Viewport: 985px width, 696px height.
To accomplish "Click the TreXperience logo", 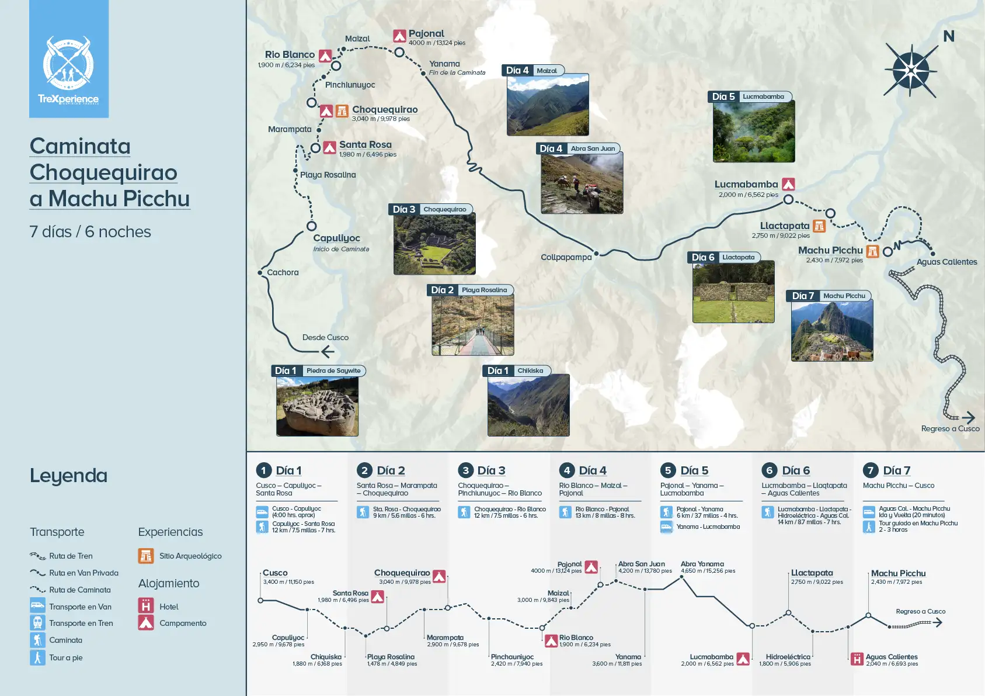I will tap(68, 67).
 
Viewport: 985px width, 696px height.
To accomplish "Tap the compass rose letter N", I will tap(949, 36).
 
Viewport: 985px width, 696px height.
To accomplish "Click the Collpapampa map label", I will tap(566, 257).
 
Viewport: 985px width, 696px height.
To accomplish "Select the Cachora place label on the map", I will tap(283, 272).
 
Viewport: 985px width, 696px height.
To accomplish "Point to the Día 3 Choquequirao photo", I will tap(434, 243).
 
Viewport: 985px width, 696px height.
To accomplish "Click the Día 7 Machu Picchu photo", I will tap(832, 330).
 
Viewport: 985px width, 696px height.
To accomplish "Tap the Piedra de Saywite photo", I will tap(317, 406).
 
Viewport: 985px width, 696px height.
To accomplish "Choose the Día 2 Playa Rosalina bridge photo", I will tap(473, 325).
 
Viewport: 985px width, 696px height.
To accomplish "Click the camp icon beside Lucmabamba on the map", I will tap(788, 185).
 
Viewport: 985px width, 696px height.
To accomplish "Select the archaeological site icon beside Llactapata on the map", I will tap(819, 226).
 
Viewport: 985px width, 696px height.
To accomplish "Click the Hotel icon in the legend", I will tap(146, 606).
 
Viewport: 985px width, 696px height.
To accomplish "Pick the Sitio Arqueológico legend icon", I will tap(146, 556).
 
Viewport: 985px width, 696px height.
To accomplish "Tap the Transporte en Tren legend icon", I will tap(37, 623).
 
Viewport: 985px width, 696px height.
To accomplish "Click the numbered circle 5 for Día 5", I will tap(668, 470).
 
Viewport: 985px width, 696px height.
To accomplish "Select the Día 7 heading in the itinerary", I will tap(896, 470).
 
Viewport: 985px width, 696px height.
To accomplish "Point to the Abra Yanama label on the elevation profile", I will tap(702, 564).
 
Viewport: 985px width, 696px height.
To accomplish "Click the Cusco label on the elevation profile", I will tap(275, 573).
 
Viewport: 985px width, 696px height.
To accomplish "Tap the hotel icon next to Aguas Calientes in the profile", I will tap(857, 659).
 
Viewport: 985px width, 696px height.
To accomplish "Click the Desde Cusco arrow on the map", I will tap(328, 351).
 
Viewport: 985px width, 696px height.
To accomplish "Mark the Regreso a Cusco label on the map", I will tap(950, 428).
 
